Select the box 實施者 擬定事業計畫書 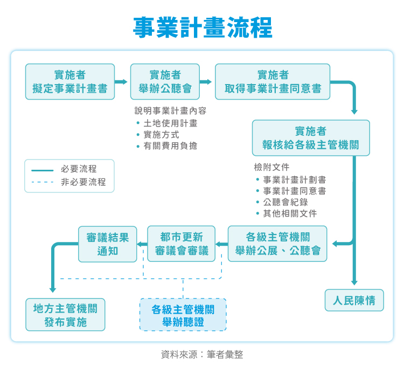70,82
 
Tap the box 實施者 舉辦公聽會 165,82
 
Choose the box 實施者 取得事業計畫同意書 273,82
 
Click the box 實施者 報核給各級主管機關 311,138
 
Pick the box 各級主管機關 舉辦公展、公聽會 277,244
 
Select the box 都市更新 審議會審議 181,244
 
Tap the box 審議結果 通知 108,244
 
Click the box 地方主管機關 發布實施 65,315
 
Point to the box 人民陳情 354,300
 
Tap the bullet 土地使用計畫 170,123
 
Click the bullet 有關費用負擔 170,146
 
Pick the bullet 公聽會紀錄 285,202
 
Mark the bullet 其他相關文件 289,213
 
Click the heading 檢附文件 271,167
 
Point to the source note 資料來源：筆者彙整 202,355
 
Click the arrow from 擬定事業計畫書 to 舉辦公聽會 122,82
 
